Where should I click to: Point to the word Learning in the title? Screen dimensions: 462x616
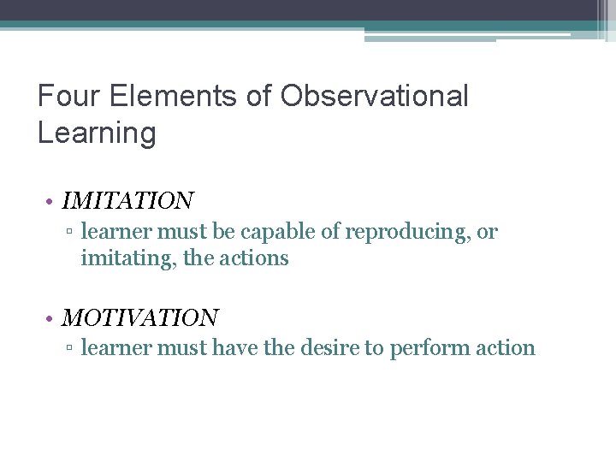[x=97, y=133]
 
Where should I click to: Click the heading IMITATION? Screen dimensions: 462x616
[x=128, y=201]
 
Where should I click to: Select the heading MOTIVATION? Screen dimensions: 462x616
[x=140, y=318]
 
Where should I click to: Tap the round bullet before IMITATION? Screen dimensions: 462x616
[x=52, y=202]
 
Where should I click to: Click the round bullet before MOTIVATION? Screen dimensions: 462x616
[x=52, y=319]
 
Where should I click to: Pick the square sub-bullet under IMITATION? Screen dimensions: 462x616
[x=73, y=233]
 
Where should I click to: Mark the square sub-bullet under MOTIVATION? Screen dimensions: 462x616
[x=73, y=349]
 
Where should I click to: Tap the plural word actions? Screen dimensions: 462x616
[x=255, y=258]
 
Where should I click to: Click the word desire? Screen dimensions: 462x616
[x=314, y=348]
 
